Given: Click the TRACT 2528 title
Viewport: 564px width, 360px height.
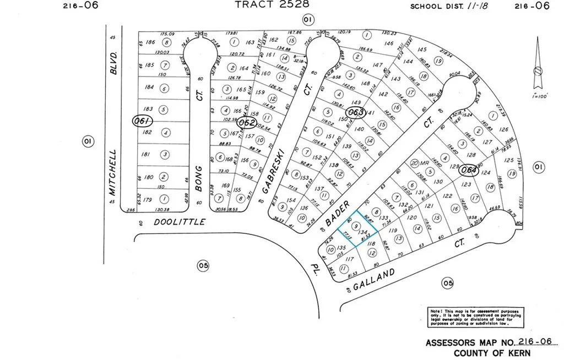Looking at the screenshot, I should pyautogui.click(x=272, y=4).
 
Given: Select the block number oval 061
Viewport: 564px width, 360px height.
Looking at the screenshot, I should pyautogui.click(x=142, y=121).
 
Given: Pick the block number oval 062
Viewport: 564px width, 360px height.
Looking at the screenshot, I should pyautogui.click(x=247, y=122).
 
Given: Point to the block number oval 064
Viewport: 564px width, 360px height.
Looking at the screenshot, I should pyautogui.click(x=468, y=170).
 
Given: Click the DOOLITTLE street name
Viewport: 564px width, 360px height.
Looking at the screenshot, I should pyautogui.click(x=179, y=222).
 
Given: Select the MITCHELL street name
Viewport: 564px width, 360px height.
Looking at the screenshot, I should pyautogui.click(x=113, y=172).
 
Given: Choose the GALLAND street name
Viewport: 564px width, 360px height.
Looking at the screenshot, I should pyautogui.click(x=374, y=279).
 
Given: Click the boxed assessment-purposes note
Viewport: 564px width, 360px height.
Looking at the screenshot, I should pyautogui.click(x=476, y=317).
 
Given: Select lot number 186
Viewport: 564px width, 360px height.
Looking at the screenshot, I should pyautogui.click(x=149, y=42).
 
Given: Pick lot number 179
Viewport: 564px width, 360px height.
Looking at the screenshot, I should pyautogui.click(x=147, y=200).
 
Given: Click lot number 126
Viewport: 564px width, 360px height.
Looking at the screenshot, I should pyautogui.click(x=503, y=130).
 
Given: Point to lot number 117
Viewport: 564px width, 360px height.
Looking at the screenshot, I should pyautogui.click(x=349, y=258).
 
